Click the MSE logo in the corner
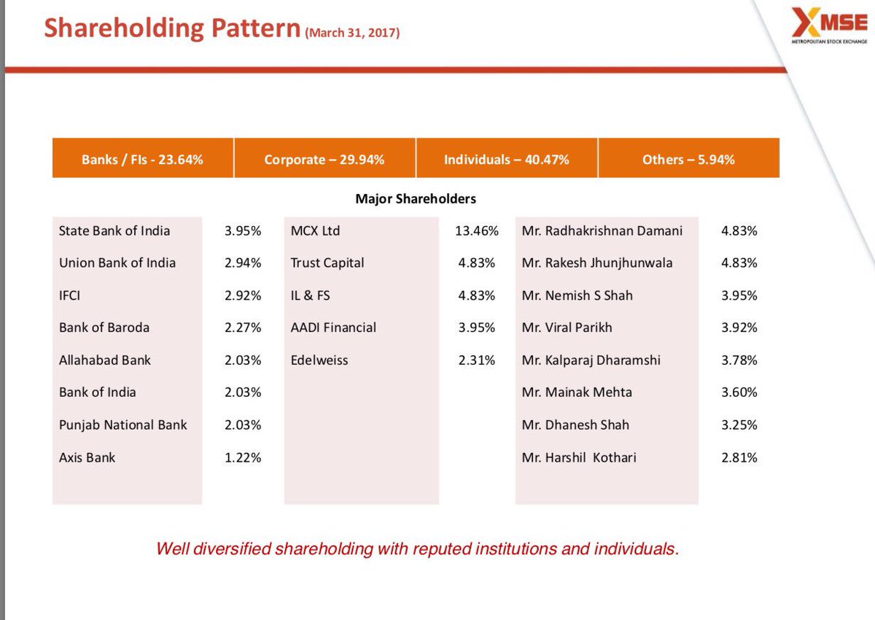click(x=830, y=28)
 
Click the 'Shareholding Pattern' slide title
click(x=172, y=28)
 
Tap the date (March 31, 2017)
click(x=352, y=33)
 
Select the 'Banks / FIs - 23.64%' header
click(x=142, y=159)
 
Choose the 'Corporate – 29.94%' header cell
click(x=324, y=159)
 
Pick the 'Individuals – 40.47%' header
click(x=506, y=159)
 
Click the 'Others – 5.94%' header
click(x=688, y=159)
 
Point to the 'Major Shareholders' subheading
click(x=416, y=198)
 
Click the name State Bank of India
click(x=114, y=230)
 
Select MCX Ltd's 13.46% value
click(x=476, y=231)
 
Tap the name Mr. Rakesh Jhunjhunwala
click(x=597, y=263)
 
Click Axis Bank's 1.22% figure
click(x=243, y=458)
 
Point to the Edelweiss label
click(x=319, y=360)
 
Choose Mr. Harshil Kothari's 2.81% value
click(x=739, y=458)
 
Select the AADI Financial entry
click(x=333, y=328)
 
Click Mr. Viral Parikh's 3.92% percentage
click(x=739, y=328)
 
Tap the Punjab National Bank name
click(x=122, y=425)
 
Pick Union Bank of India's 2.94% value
click(x=243, y=263)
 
